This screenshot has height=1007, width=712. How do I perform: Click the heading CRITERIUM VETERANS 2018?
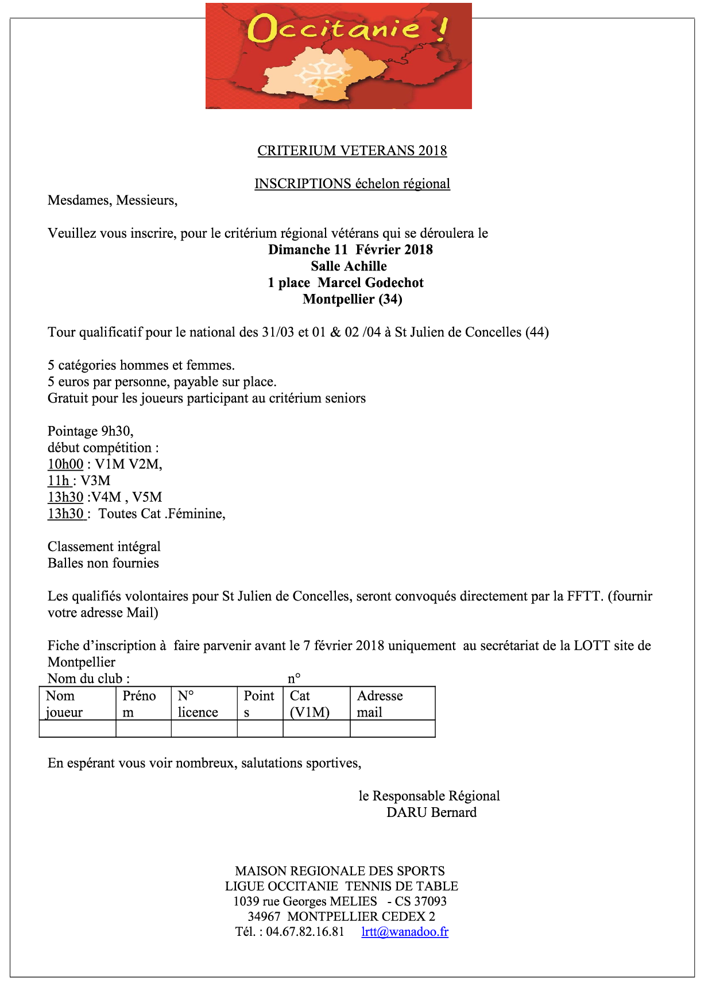pyautogui.click(x=352, y=151)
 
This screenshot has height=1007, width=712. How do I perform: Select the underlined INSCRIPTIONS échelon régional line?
pyautogui.click(x=352, y=184)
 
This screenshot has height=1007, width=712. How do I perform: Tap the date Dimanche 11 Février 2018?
pyautogui.click(x=350, y=250)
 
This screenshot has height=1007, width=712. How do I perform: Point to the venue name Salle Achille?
pyautogui.click(x=349, y=266)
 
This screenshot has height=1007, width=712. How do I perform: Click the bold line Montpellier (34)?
pyautogui.click(x=352, y=299)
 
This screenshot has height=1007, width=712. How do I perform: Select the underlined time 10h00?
pyautogui.click(x=65, y=464)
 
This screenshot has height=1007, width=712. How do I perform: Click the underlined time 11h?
pyautogui.click(x=59, y=481)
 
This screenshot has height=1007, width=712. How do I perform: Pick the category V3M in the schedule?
pyautogui.click(x=95, y=481)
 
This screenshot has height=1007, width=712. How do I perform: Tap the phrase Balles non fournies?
pyautogui.click(x=103, y=563)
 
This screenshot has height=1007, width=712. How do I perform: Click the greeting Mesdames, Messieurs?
pyautogui.click(x=113, y=200)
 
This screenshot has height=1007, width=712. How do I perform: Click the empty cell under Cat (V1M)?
pyautogui.click(x=316, y=729)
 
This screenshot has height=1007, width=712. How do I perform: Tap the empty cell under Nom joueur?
pyautogui.click(x=77, y=729)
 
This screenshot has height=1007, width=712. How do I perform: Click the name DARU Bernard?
pyautogui.click(x=431, y=813)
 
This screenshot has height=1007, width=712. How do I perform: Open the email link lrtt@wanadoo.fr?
pyautogui.click(x=405, y=932)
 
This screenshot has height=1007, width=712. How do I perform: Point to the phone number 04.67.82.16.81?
pyautogui.click(x=305, y=932)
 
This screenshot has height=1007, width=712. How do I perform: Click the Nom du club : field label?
pyautogui.click(x=89, y=679)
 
